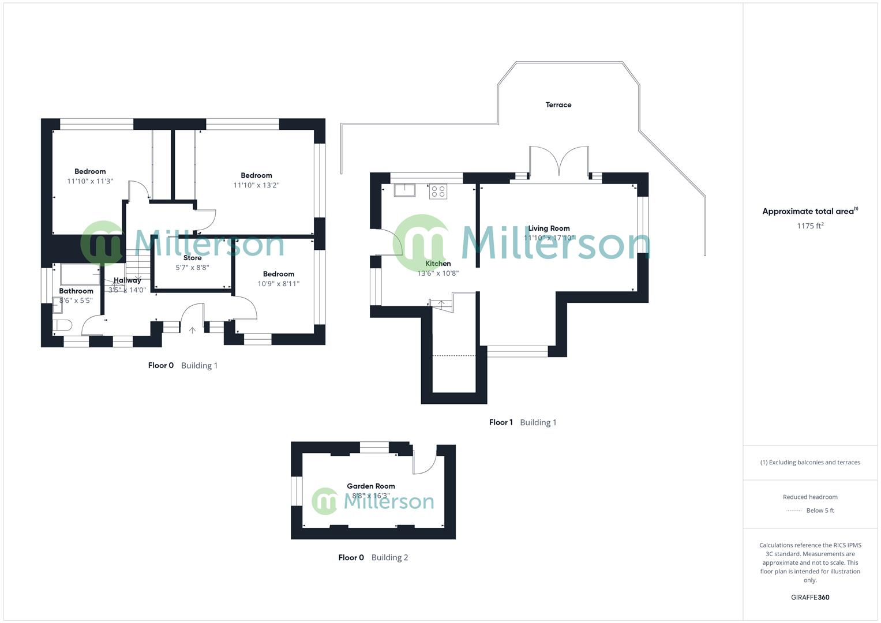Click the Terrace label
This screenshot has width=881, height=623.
558,105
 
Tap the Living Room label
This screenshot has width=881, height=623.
549,228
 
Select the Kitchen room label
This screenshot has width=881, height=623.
438,264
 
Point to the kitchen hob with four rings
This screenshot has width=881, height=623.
438,191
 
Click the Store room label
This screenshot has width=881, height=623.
192,258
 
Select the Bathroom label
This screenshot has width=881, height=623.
76,291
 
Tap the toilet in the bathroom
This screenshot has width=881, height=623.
62,326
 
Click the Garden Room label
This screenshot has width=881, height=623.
370,486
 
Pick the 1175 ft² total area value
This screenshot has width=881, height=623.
810,226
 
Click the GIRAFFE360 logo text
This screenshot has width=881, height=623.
810,598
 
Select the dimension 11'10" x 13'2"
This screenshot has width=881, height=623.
256,185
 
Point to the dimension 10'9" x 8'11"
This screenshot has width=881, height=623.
278,284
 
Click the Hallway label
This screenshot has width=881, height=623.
127,280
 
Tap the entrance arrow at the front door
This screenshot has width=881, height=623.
192,331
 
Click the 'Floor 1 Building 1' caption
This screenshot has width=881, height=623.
522,422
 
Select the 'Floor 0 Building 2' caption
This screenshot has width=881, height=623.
373,557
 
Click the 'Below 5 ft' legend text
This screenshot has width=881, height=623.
820,511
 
